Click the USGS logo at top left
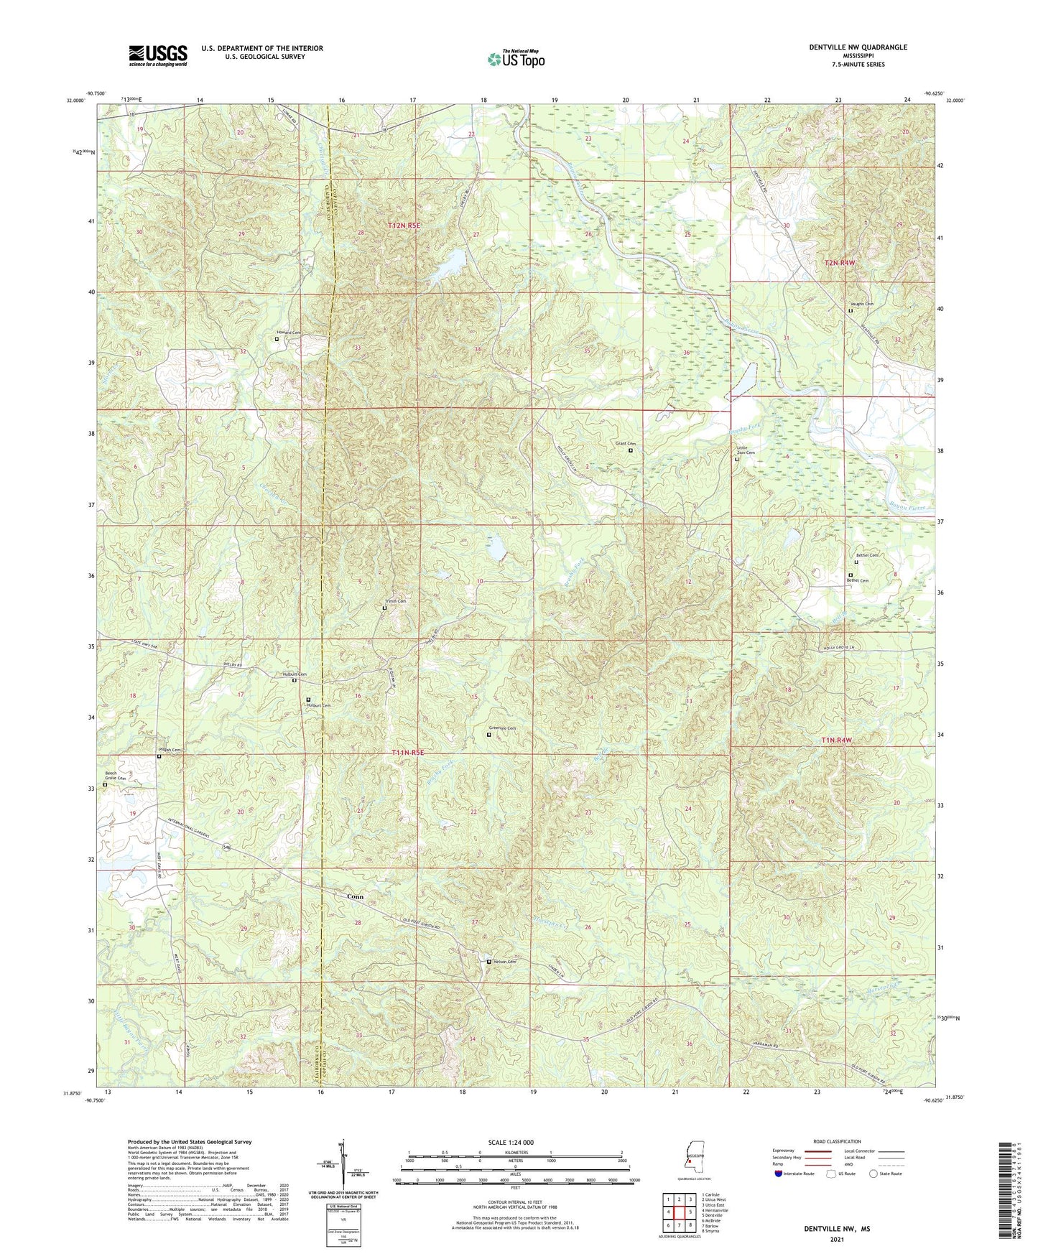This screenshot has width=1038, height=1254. click(158, 55)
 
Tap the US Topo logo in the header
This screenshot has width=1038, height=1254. click(515, 59)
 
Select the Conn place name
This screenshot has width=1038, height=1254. click(355, 896)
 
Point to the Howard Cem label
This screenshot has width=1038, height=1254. click(289, 333)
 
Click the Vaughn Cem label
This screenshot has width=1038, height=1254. click(861, 304)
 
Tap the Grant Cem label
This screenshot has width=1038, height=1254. click(625, 443)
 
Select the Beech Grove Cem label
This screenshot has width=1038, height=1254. click(116, 776)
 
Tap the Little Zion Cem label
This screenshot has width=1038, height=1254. click(746, 450)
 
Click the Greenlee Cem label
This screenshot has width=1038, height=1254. click(503, 728)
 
